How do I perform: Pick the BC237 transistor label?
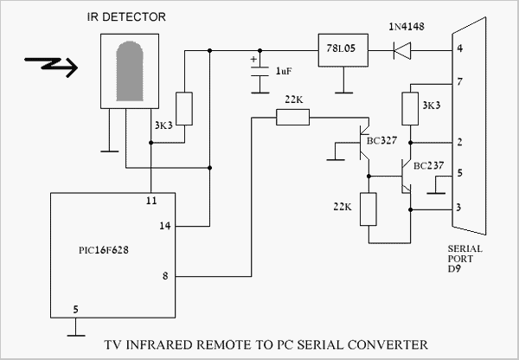431,164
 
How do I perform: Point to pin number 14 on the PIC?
165,227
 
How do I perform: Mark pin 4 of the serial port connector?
459,49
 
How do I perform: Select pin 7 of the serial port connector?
459,82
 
